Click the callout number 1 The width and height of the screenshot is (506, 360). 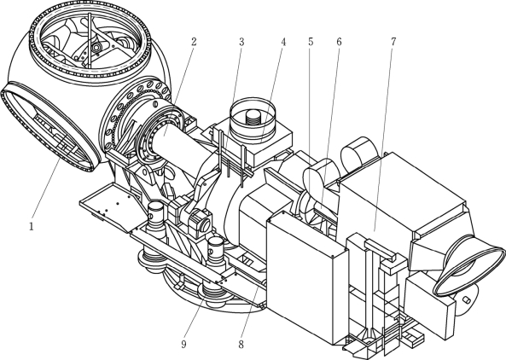(x=32, y=227)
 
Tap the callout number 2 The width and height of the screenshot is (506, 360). (x=194, y=42)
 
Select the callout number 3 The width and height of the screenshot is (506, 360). (x=241, y=42)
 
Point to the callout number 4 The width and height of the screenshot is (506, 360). (x=283, y=42)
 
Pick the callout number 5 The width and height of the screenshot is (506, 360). (x=311, y=42)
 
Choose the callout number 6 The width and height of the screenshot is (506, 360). (x=339, y=42)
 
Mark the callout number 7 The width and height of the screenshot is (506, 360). (x=393, y=42)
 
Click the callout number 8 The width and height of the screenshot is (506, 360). (x=241, y=345)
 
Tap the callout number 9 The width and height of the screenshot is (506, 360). (x=183, y=345)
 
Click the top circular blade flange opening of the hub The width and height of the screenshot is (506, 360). (x=90, y=14)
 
